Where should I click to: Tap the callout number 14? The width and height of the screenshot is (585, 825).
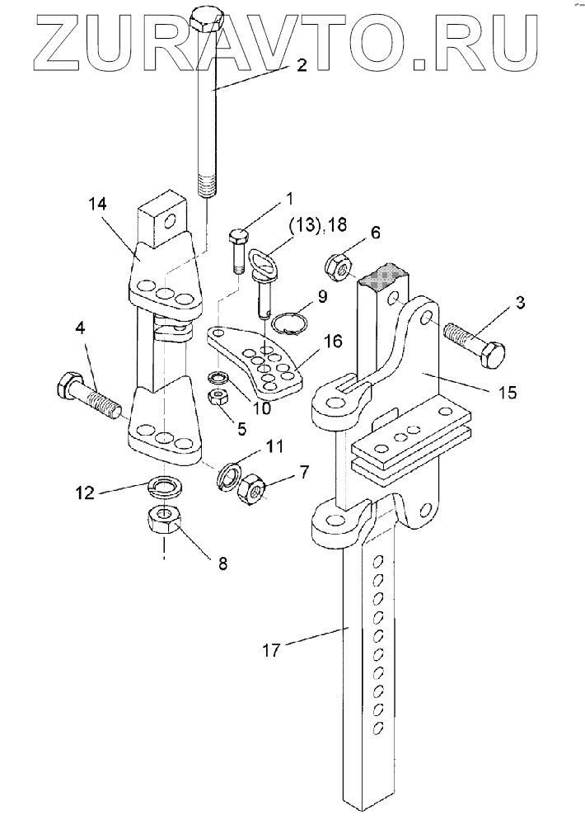98,204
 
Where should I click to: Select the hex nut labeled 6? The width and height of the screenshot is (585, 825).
339,266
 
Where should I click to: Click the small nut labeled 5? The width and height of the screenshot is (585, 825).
217,398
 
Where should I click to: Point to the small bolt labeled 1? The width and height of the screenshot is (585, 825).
238,252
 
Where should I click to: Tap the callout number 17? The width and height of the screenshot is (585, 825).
271,650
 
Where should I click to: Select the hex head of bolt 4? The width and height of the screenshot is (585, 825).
68,385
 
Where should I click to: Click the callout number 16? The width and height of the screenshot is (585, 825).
332,341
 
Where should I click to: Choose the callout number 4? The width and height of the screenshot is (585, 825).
80,328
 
